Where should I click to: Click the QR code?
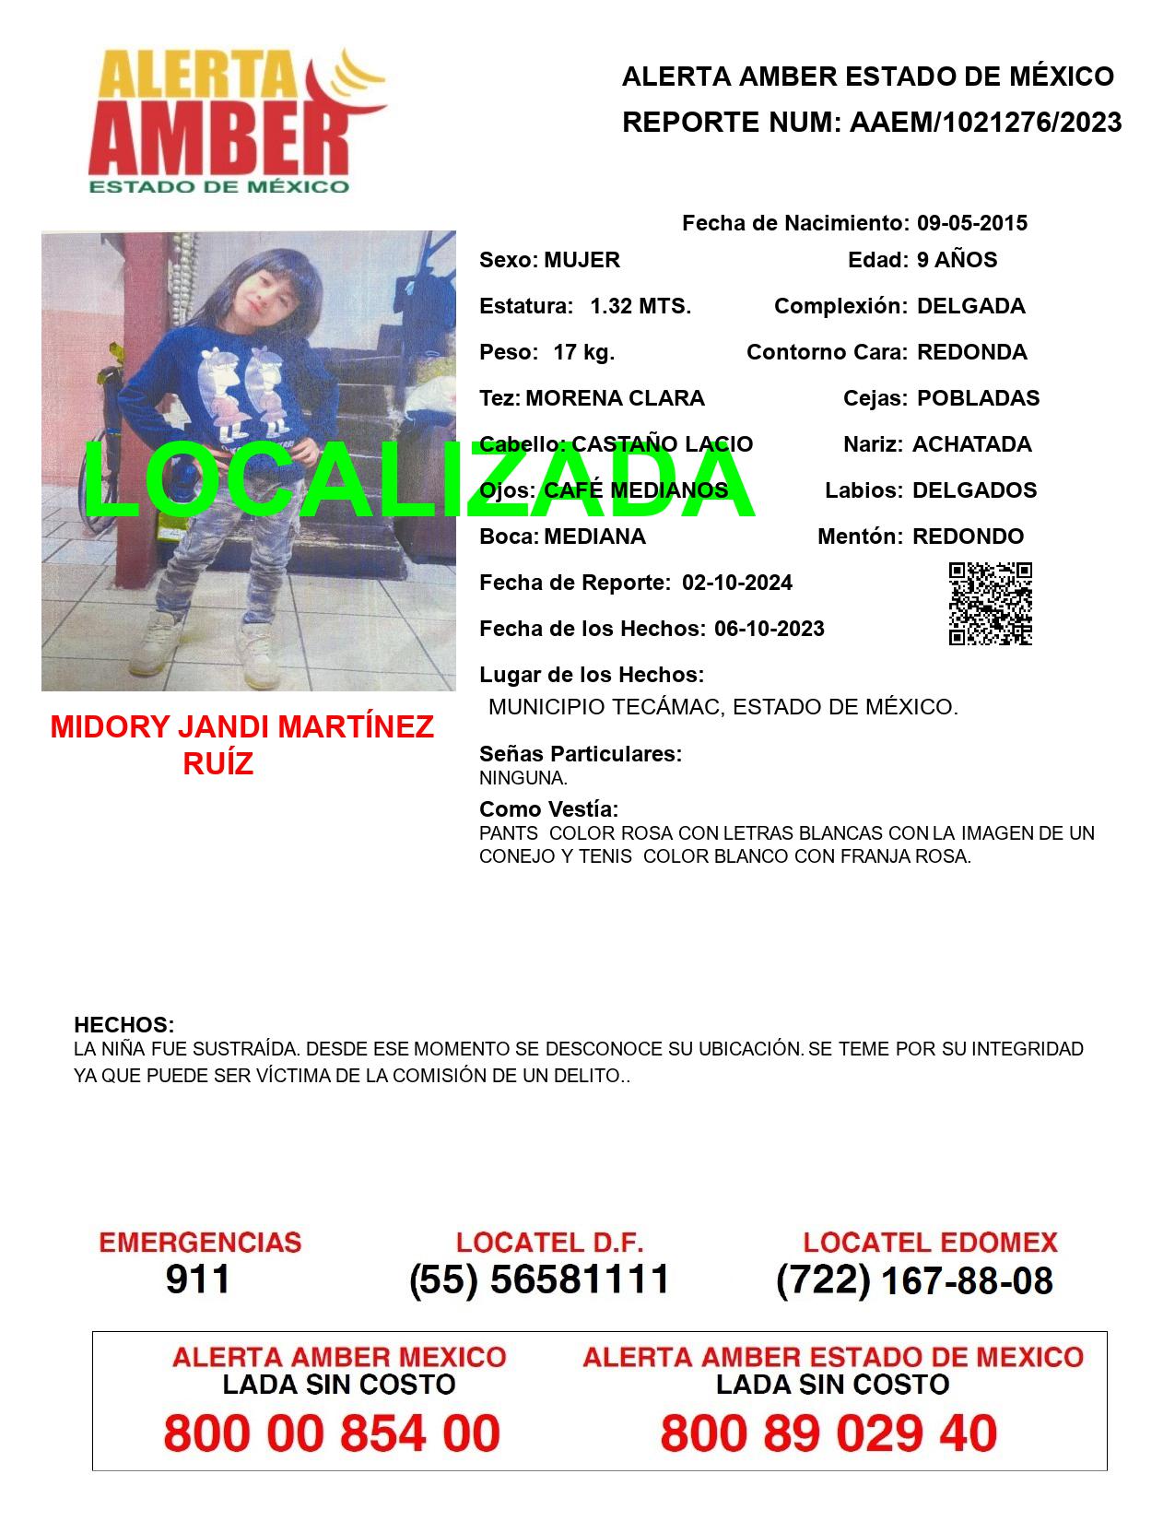(991, 604)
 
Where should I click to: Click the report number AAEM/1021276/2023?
(985, 123)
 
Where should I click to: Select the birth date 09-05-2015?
(971, 223)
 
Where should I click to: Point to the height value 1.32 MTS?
(640, 306)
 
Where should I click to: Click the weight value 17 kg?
(583, 352)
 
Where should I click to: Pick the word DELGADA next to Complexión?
(970, 306)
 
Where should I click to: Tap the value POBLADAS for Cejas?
(978, 398)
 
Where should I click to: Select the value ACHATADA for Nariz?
(971, 444)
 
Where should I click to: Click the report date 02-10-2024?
(736, 583)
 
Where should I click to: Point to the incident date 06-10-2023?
(769, 629)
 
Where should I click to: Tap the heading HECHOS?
(123, 1025)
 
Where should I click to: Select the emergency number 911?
(198, 1279)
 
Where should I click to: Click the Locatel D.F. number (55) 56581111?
(539, 1279)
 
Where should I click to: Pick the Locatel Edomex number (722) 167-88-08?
(914, 1280)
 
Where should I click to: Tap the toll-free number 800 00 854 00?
(332, 1433)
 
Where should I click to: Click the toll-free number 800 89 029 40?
(828, 1433)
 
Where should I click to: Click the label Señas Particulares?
(580, 754)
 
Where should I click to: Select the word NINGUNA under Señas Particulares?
(522, 778)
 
